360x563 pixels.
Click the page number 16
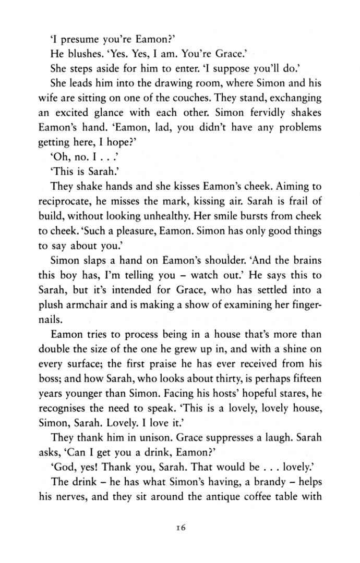[x=180, y=528]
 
